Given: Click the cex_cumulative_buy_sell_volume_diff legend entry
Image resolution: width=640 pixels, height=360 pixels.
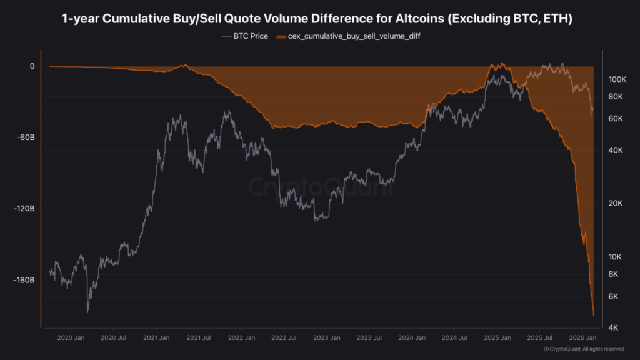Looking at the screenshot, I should click(352, 36).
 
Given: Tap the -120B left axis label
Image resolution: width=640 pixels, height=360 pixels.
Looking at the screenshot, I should click(23, 208).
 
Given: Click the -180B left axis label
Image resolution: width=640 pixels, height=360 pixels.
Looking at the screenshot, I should click(23, 280).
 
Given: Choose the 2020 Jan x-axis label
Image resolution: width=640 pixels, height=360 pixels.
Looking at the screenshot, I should click(71, 338).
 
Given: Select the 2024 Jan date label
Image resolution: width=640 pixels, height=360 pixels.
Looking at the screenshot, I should click(412, 338).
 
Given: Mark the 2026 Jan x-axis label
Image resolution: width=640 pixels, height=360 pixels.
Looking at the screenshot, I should click(584, 338).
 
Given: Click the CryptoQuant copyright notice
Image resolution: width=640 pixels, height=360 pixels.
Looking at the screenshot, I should click(584, 349).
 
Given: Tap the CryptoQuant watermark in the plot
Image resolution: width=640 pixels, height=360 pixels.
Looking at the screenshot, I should click(320, 187).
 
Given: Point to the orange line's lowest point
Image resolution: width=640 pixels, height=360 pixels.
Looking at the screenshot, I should click(593, 315).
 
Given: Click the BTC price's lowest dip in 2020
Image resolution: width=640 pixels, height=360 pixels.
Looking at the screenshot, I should click(87, 311).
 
